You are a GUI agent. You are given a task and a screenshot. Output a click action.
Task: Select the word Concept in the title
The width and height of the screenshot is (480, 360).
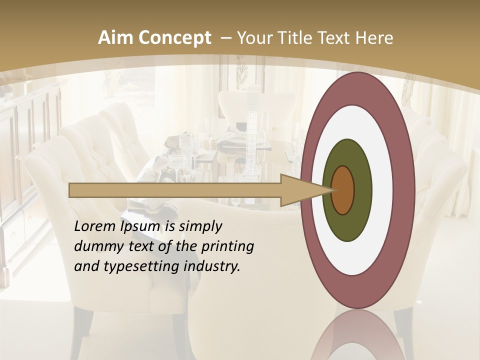174,38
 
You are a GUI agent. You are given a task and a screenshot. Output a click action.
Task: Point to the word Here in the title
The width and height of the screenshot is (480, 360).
375,38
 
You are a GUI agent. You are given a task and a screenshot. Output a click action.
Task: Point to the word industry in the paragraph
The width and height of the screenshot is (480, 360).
212,266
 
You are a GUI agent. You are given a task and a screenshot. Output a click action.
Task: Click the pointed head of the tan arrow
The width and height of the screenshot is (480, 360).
300,190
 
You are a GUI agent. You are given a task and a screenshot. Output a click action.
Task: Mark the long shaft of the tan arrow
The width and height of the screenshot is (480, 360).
175,190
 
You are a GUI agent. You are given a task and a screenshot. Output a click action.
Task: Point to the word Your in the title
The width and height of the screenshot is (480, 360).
253,38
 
